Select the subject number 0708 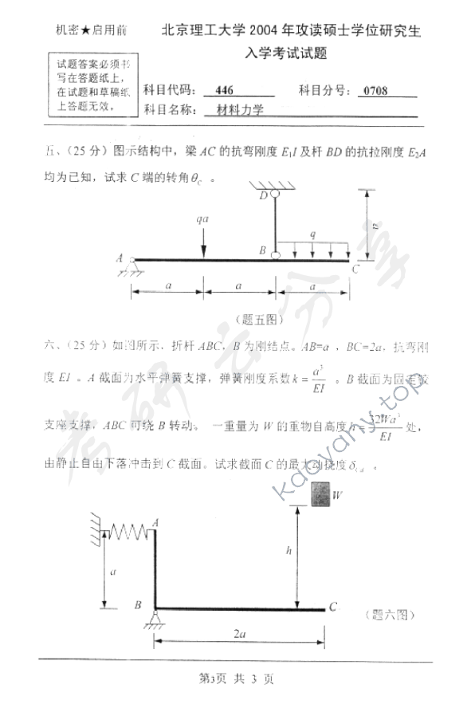pos(375,90)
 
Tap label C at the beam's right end pos(355,268)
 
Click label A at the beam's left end pos(120,258)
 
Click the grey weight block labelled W pos(318,495)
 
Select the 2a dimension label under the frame pos(238,633)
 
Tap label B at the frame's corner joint pos(139,606)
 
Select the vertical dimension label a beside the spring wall pos(113,570)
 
